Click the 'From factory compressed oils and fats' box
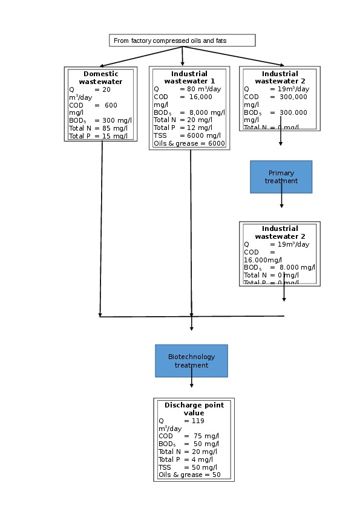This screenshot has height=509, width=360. click(x=182, y=41)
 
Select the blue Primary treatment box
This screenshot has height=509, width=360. click(x=281, y=177)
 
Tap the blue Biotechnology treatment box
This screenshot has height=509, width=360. click(x=191, y=361)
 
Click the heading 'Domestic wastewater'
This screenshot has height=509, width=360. click(x=102, y=78)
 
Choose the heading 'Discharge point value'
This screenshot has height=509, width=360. click(x=194, y=409)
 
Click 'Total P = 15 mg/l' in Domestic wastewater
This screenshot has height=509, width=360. click(x=98, y=136)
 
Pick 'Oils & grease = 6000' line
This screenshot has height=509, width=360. click(x=189, y=144)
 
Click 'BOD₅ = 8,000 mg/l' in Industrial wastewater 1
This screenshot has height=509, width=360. click(x=189, y=112)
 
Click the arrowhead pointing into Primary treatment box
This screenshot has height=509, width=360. click(x=281, y=144)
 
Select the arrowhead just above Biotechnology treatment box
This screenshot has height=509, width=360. click(x=192, y=328)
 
